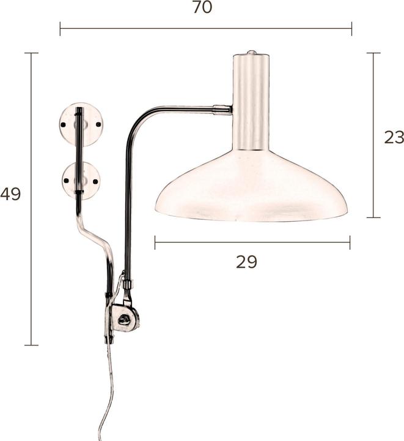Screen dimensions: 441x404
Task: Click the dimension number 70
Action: [202, 8]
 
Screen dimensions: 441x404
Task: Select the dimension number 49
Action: [10, 194]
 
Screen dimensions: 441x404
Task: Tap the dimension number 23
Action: [394, 137]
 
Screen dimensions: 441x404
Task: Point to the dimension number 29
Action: [246, 262]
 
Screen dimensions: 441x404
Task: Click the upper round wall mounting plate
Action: [81, 124]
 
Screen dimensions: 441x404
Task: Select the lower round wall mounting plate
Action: [81, 180]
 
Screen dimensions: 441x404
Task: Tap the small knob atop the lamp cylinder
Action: [251, 52]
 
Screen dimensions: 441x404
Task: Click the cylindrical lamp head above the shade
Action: [251, 101]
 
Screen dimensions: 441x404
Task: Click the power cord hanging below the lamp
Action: [106, 392]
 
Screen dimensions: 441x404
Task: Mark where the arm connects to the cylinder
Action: [224, 110]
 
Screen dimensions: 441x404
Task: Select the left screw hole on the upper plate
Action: [64, 125]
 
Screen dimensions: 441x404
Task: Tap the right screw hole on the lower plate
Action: [96, 181]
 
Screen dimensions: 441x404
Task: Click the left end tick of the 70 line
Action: [60, 28]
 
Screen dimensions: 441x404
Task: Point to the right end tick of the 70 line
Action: [351, 28]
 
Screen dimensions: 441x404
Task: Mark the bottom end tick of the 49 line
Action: [31, 345]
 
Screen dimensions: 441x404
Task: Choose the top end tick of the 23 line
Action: [373, 53]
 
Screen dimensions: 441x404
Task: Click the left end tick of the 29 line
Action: [155, 243]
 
